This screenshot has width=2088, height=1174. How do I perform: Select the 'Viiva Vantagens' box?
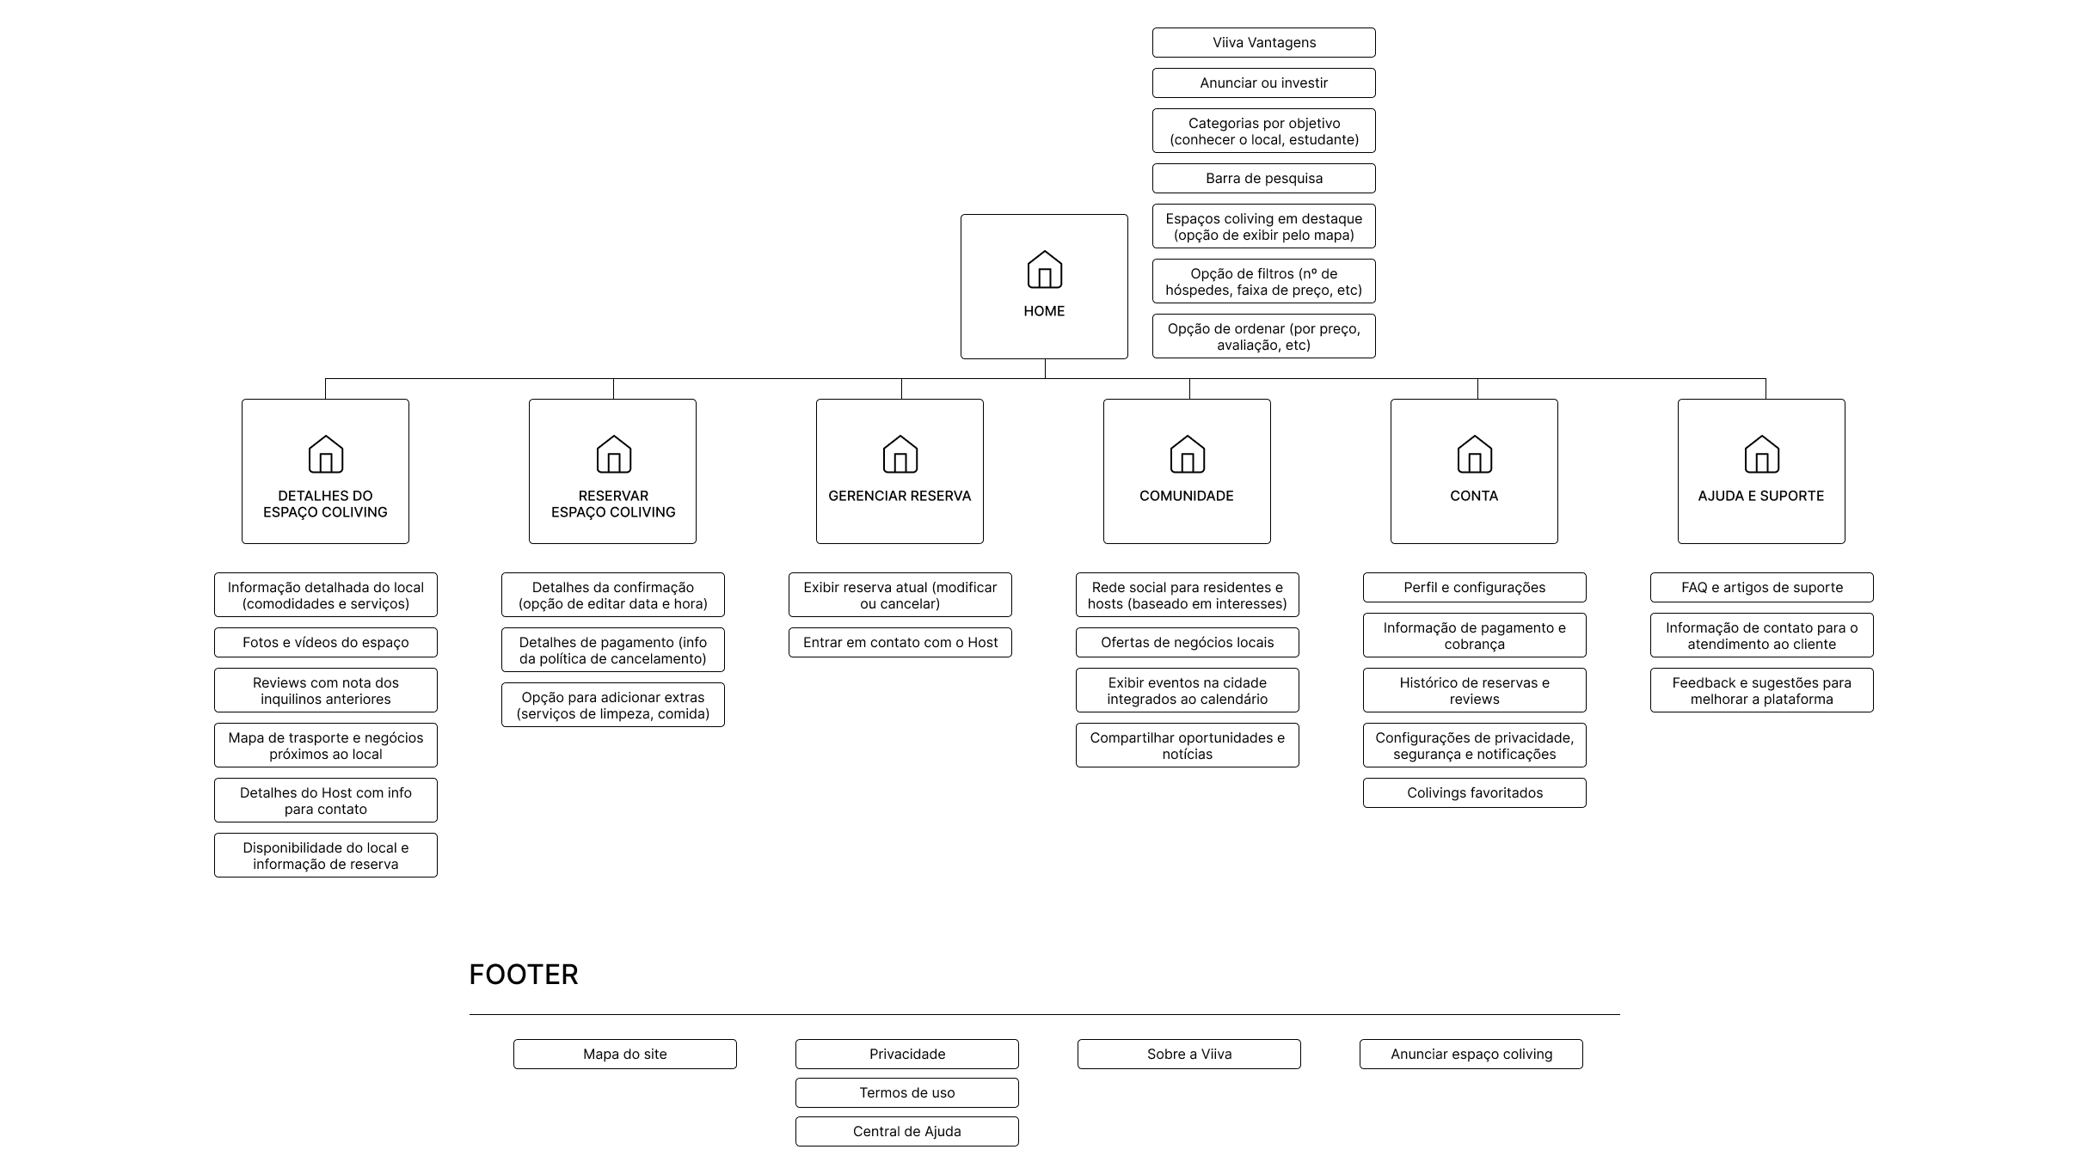pyautogui.click(x=1263, y=43)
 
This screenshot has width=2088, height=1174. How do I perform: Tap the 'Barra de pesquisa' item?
pyautogui.click(x=1263, y=179)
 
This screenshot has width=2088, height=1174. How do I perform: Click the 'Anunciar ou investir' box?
pyautogui.click(x=1263, y=83)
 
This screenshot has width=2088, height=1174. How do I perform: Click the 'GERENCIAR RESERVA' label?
pyautogui.click(x=900, y=496)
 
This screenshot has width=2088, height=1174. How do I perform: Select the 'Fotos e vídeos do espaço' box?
pyautogui.click(x=325, y=643)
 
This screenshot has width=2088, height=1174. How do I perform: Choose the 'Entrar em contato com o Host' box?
pyautogui.click(x=900, y=643)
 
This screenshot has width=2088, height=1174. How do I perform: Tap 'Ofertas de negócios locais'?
pyautogui.click(x=1187, y=643)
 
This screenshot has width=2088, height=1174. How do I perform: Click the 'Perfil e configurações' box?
pyautogui.click(x=1474, y=588)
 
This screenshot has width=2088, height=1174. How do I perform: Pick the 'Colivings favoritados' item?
pyautogui.click(x=1474, y=793)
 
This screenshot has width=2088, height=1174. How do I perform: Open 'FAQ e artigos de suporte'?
pyautogui.click(x=1761, y=588)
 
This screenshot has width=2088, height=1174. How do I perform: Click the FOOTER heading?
pyautogui.click(x=524, y=975)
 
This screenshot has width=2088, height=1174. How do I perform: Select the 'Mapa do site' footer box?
pyautogui.click(x=625, y=1055)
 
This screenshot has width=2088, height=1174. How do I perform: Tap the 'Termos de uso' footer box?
pyautogui.click(x=906, y=1093)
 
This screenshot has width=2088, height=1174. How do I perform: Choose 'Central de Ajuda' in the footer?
pyautogui.click(x=906, y=1132)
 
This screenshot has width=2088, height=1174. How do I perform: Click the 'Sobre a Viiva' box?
pyautogui.click(x=1188, y=1055)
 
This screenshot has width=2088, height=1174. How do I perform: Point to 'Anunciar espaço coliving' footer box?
pyautogui.click(x=1471, y=1055)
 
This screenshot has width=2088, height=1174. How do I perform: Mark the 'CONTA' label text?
pyautogui.click(x=1474, y=496)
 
